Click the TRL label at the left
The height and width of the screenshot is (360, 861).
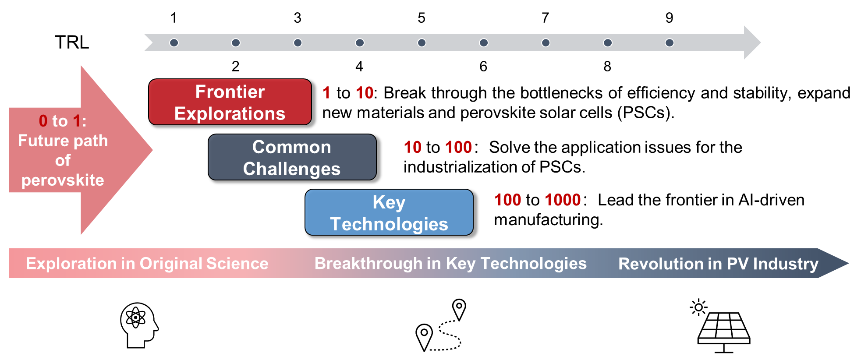point(72,42)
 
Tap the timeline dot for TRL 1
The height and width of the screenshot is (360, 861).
point(174,42)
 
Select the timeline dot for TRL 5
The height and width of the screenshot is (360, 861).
point(422,42)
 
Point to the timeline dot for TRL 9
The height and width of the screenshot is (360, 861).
point(669,42)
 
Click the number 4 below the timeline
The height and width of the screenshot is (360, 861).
point(359,67)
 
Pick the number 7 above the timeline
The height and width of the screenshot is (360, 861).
point(545,18)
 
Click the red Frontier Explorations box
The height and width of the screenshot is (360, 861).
point(230,102)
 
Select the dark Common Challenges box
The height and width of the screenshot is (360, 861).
point(292,157)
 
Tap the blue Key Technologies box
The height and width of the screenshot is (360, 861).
point(389,212)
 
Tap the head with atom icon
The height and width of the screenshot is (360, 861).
point(139,325)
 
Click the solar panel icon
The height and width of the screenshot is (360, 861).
point(724,332)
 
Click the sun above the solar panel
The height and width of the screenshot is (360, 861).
point(698,307)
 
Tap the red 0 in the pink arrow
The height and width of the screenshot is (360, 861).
point(43,121)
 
